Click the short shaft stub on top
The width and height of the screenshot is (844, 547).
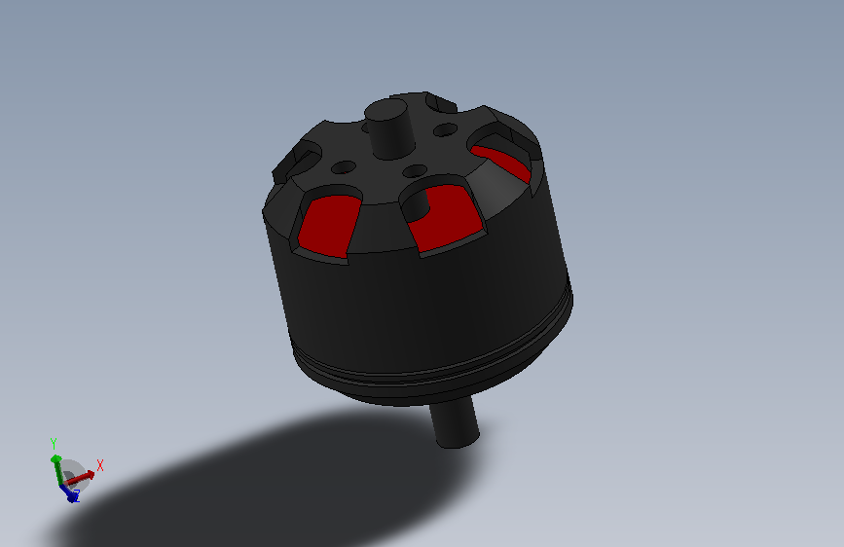coord(389,129)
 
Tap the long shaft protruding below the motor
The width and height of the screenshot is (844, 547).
coord(455,421)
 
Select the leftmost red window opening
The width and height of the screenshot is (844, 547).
coord(328,226)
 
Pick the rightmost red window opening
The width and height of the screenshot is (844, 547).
coord(501,162)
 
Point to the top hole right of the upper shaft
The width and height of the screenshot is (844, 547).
coord(445,129)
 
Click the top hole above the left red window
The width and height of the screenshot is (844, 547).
coord(344,167)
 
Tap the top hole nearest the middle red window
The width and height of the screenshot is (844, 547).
coord(415,171)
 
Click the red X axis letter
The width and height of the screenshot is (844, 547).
coord(99,465)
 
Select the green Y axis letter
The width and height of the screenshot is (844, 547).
coord(54,443)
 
